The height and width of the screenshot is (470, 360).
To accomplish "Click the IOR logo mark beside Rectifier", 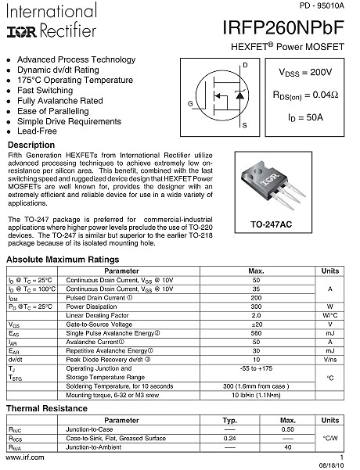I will (19, 31).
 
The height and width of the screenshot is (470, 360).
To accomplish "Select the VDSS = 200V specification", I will (304, 73).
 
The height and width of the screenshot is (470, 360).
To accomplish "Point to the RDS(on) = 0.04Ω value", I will (304, 95).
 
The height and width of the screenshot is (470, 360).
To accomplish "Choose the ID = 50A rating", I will (304, 118).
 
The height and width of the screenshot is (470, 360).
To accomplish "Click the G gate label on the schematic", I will (189, 104).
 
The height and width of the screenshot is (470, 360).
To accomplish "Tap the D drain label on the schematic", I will (245, 65).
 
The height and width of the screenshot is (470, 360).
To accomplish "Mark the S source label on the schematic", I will (245, 126).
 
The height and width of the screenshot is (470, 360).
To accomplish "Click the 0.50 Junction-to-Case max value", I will (287, 430).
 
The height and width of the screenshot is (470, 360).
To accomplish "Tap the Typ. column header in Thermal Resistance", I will (230, 421).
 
